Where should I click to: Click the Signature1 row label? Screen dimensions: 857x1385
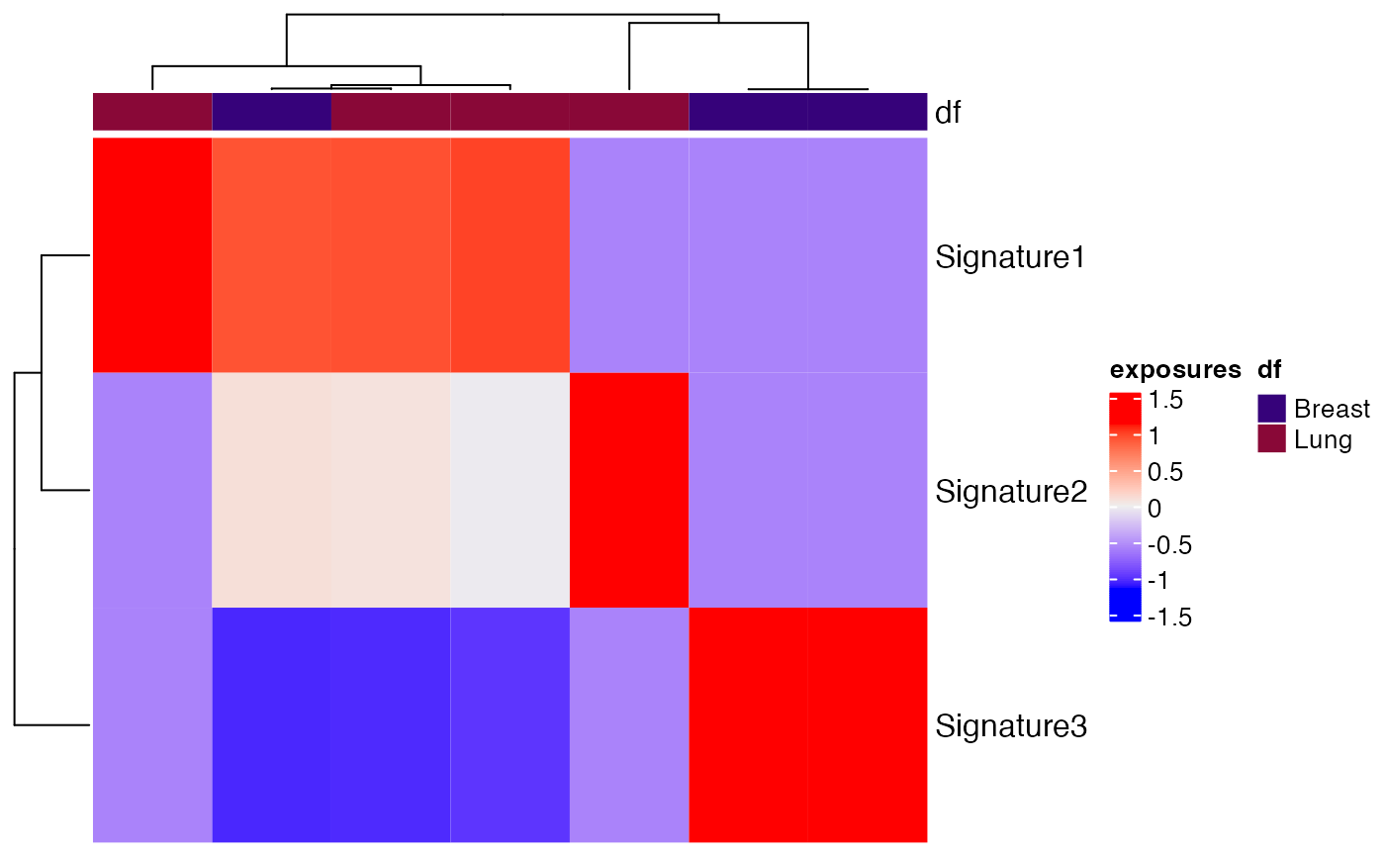point(1010,258)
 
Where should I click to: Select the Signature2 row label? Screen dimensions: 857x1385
point(1010,492)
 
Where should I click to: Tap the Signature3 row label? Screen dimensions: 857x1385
point(1010,726)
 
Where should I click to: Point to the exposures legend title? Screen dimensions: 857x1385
point(1174,371)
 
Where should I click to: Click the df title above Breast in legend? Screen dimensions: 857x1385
point(1269,371)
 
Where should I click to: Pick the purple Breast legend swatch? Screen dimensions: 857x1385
point(1271,409)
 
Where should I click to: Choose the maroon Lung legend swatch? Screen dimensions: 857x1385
point(1271,438)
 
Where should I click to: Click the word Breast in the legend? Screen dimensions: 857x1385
point(1332,409)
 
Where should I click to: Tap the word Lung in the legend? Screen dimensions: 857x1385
point(1323,438)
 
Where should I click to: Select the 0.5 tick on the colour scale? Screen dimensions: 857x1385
point(1164,472)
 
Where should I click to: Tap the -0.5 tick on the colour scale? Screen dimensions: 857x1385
point(1168,545)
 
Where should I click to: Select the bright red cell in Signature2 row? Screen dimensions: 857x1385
point(628,491)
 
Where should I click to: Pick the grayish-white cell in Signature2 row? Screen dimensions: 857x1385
point(509,491)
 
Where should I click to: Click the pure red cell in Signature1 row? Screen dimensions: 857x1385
point(152,255)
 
